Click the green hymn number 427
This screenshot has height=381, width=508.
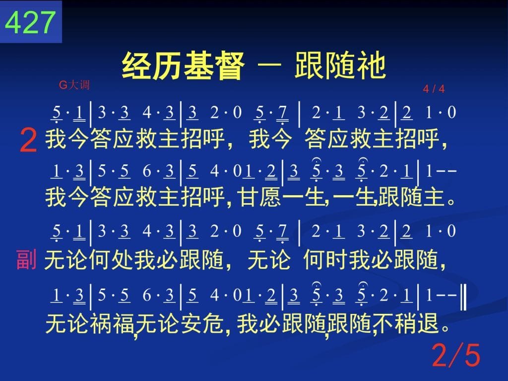30,22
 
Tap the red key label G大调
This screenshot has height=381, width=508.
74,85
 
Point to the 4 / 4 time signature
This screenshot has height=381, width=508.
434,88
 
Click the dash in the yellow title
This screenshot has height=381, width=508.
269,65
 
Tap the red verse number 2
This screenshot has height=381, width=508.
28,140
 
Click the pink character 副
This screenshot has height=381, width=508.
26,260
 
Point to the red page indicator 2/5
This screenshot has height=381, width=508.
456,355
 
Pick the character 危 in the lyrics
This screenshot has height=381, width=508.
213,323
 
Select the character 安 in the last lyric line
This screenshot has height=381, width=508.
191,323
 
